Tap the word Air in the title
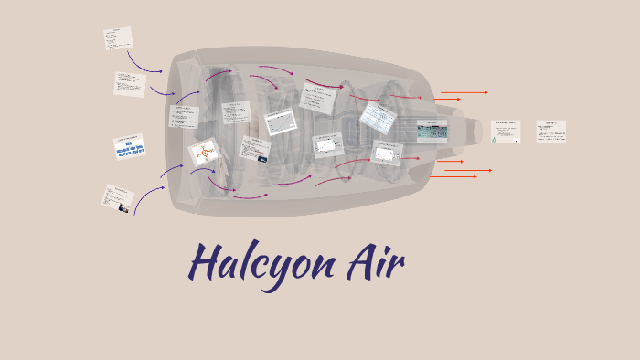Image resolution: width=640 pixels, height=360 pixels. click(374, 261)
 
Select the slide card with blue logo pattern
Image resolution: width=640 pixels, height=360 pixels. click(130, 147)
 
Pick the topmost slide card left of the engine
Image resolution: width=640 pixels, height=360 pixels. click(118, 38)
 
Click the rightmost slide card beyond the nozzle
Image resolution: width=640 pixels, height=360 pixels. click(550, 131)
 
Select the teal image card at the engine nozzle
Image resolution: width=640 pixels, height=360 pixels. click(432, 132)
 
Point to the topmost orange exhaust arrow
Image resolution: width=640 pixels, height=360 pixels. click(464, 92)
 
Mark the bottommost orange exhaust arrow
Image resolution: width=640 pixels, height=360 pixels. click(454, 176)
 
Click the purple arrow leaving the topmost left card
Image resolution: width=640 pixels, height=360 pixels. click(144, 63)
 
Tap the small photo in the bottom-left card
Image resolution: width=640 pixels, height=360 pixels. click(123, 207)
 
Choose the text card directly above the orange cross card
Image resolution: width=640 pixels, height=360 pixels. click(183, 116)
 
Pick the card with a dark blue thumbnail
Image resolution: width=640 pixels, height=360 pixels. click(255, 149)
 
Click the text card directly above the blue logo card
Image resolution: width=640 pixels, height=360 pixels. click(130, 84)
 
